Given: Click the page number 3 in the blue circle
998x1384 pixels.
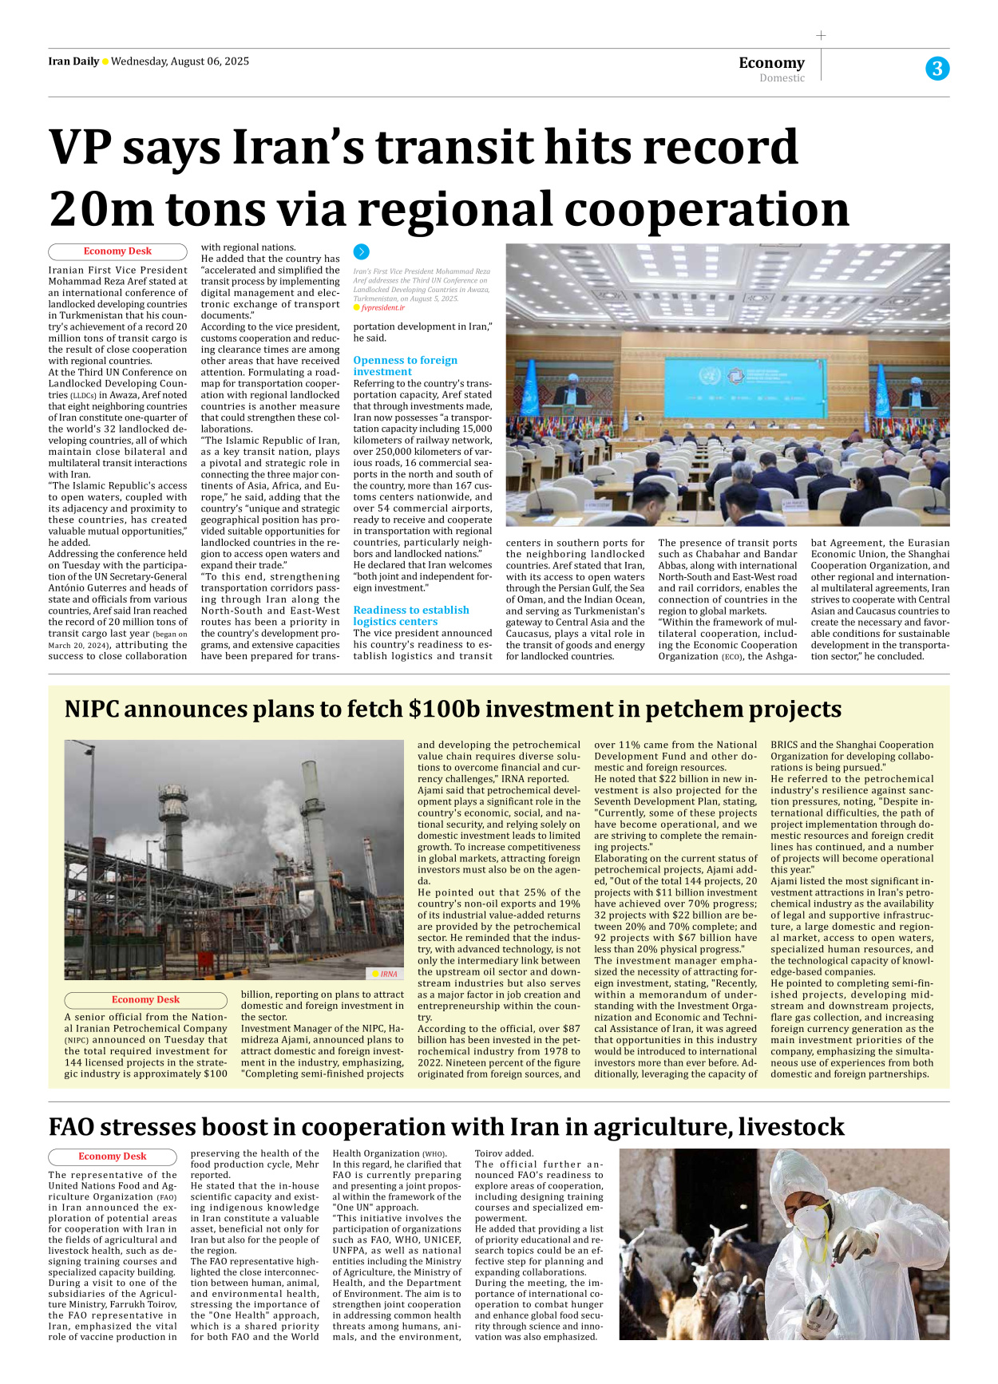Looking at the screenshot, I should coord(937,69).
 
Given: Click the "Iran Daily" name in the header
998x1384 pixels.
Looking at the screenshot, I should coord(73,61).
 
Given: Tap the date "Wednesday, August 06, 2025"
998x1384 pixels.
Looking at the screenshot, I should coord(180,61).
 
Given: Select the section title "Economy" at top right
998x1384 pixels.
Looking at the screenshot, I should coord(771,62).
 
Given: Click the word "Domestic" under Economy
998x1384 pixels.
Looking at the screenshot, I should coord(782,78).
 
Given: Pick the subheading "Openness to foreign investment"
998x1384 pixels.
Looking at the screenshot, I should coord(405,366).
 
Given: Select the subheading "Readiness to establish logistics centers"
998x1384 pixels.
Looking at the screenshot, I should coord(410,615).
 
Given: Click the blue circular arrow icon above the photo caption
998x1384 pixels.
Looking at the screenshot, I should coord(361,251).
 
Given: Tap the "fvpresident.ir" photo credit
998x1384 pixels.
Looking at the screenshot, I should coord(382,307).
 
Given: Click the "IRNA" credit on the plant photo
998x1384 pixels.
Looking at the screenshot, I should coord(388,974).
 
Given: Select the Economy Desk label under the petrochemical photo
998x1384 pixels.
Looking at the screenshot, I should coord(145,1000).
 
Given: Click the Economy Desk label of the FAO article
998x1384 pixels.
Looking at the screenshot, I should coord(113,1157).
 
